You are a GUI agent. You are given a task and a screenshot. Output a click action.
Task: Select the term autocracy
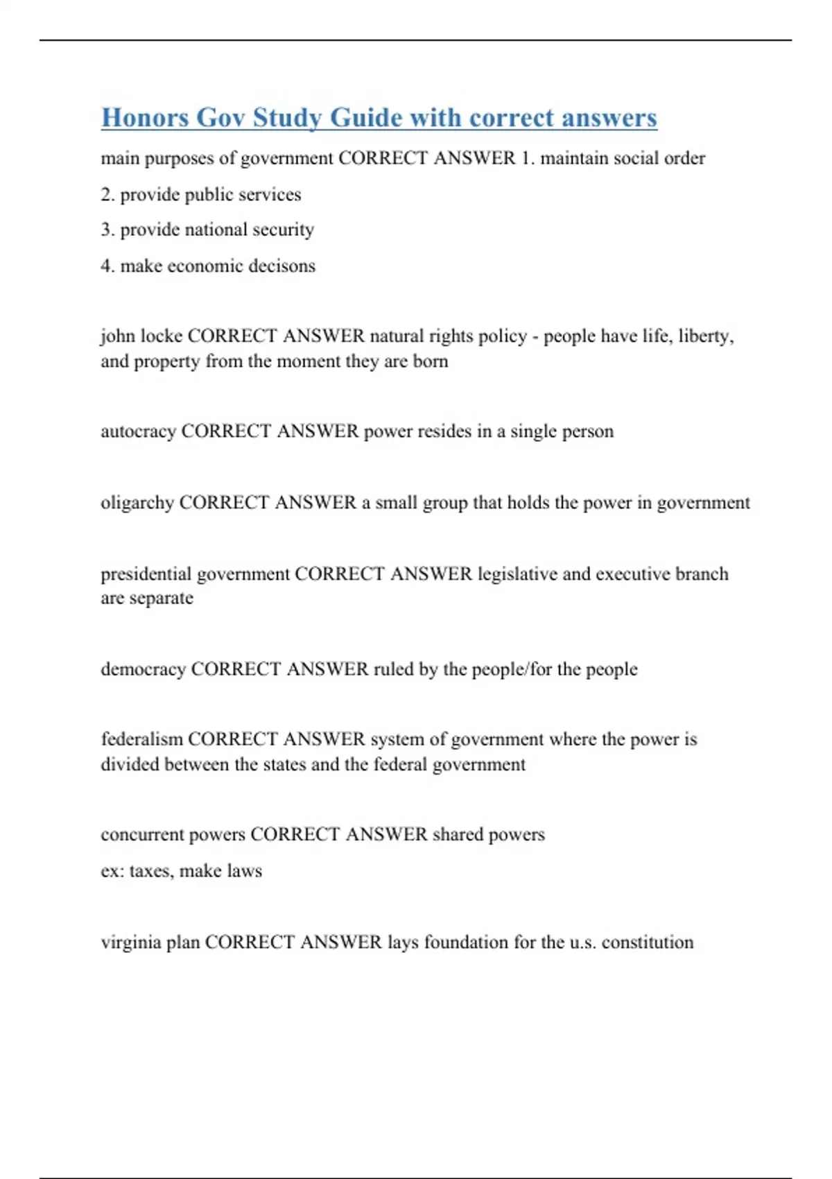138,431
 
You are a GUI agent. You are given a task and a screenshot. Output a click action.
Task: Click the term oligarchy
137,503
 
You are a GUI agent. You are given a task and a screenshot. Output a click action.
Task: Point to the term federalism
141,739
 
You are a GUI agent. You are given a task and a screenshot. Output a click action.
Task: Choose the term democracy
143,669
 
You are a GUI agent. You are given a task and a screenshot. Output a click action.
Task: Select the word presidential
146,574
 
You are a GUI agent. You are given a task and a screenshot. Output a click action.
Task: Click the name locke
161,336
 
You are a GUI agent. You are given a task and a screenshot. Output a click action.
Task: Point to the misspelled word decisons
282,266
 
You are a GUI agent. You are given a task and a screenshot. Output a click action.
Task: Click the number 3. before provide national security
107,230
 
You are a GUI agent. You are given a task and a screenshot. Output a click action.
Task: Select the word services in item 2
270,195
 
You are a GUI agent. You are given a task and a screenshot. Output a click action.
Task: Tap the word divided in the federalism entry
130,764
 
